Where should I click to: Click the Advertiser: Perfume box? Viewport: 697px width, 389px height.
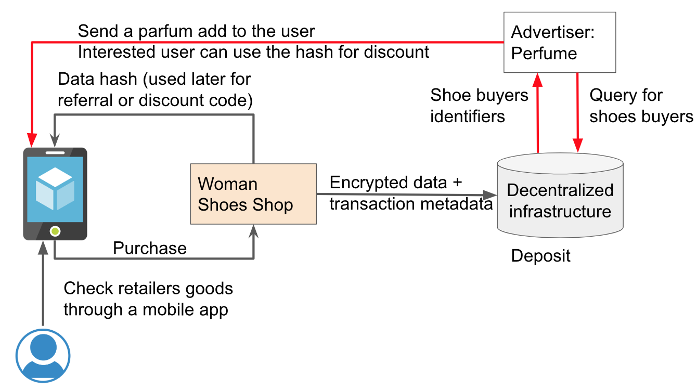(559, 42)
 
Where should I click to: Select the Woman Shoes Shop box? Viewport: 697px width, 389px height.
(253, 194)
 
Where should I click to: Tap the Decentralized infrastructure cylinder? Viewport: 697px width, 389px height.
(560, 198)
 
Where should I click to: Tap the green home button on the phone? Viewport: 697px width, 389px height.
(55, 231)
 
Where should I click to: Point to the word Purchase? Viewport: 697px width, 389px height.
(150, 248)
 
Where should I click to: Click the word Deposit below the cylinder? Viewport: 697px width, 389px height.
(540, 256)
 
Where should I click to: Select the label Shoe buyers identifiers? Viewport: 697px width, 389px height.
(479, 106)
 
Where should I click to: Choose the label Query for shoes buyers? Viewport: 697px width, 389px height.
(641, 106)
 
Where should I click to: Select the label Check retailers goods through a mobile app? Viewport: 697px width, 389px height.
(148, 299)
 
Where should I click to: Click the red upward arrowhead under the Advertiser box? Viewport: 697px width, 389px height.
(538, 79)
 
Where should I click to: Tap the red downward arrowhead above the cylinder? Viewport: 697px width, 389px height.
(578, 145)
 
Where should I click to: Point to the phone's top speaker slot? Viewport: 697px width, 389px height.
(55, 152)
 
